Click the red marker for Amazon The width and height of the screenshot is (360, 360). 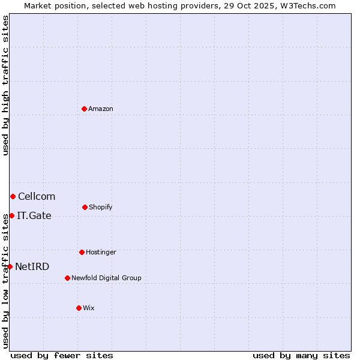(84, 109)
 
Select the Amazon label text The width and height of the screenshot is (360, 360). (101, 109)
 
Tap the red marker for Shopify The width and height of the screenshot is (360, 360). (85, 207)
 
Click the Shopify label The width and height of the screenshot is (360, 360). (100, 207)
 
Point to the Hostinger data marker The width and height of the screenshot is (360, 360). (82, 252)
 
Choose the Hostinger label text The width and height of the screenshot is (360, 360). (101, 252)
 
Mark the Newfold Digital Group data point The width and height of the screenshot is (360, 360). (67, 278)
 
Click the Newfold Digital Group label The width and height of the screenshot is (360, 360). (106, 278)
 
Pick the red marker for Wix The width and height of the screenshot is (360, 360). (79, 308)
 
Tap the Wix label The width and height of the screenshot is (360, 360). (89, 308)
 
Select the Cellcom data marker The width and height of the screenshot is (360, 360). (13, 196)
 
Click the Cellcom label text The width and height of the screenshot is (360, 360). (37, 196)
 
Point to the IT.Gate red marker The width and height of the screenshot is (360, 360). (11, 215)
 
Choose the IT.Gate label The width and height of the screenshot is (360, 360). (34, 215)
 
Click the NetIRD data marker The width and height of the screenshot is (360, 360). (10, 266)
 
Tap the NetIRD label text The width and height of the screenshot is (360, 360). (32, 266)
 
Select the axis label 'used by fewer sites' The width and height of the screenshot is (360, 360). (62, 355)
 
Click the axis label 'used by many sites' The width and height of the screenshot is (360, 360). (301, 355)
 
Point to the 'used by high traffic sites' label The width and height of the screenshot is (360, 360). (5, 85)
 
